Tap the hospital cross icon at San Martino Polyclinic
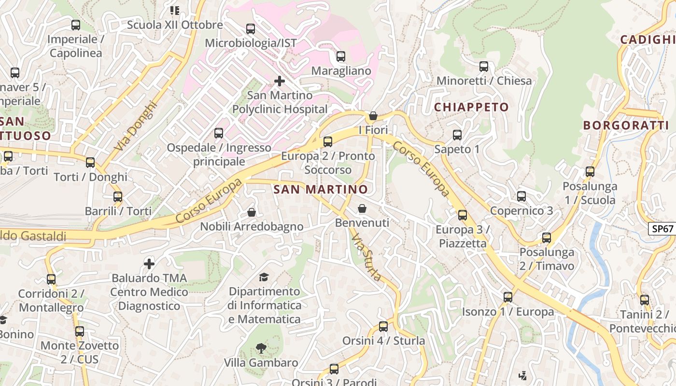coord(279,81)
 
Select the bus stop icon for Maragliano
coord(341,56)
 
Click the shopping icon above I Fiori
coord(373,116)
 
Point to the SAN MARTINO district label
coord(321,190)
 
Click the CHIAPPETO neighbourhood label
coord(471,107)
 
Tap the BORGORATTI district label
coord(626,125)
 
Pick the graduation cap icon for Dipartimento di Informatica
coord(264,277)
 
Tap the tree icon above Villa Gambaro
coord(261,348)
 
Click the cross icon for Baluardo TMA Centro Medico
coord(149,263)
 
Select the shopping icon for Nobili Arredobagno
coord(252,212)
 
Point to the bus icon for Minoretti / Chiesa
coord(484,67)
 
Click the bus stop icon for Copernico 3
coord(521,196)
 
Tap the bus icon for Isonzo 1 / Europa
coord(508,297)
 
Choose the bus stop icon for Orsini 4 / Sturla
coord(383,327)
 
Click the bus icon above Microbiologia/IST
coord(250,29)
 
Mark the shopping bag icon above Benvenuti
coord(362,208)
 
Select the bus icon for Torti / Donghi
coord(90,163)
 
